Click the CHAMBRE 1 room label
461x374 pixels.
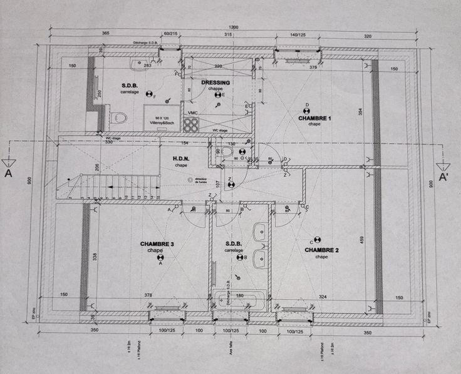pos(314,118)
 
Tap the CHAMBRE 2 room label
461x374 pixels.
pos(321,250)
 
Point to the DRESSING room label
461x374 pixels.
pos(215,83)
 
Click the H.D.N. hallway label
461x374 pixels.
pos(181,159)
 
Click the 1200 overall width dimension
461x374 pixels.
pos(234,28)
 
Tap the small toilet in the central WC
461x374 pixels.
pos(225,152)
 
